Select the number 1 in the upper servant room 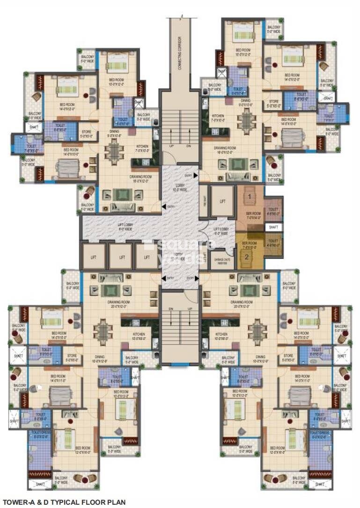250,196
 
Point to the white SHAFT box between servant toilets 273,227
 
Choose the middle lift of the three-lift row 122,257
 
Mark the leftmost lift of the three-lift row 94,257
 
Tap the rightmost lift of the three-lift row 147,257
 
